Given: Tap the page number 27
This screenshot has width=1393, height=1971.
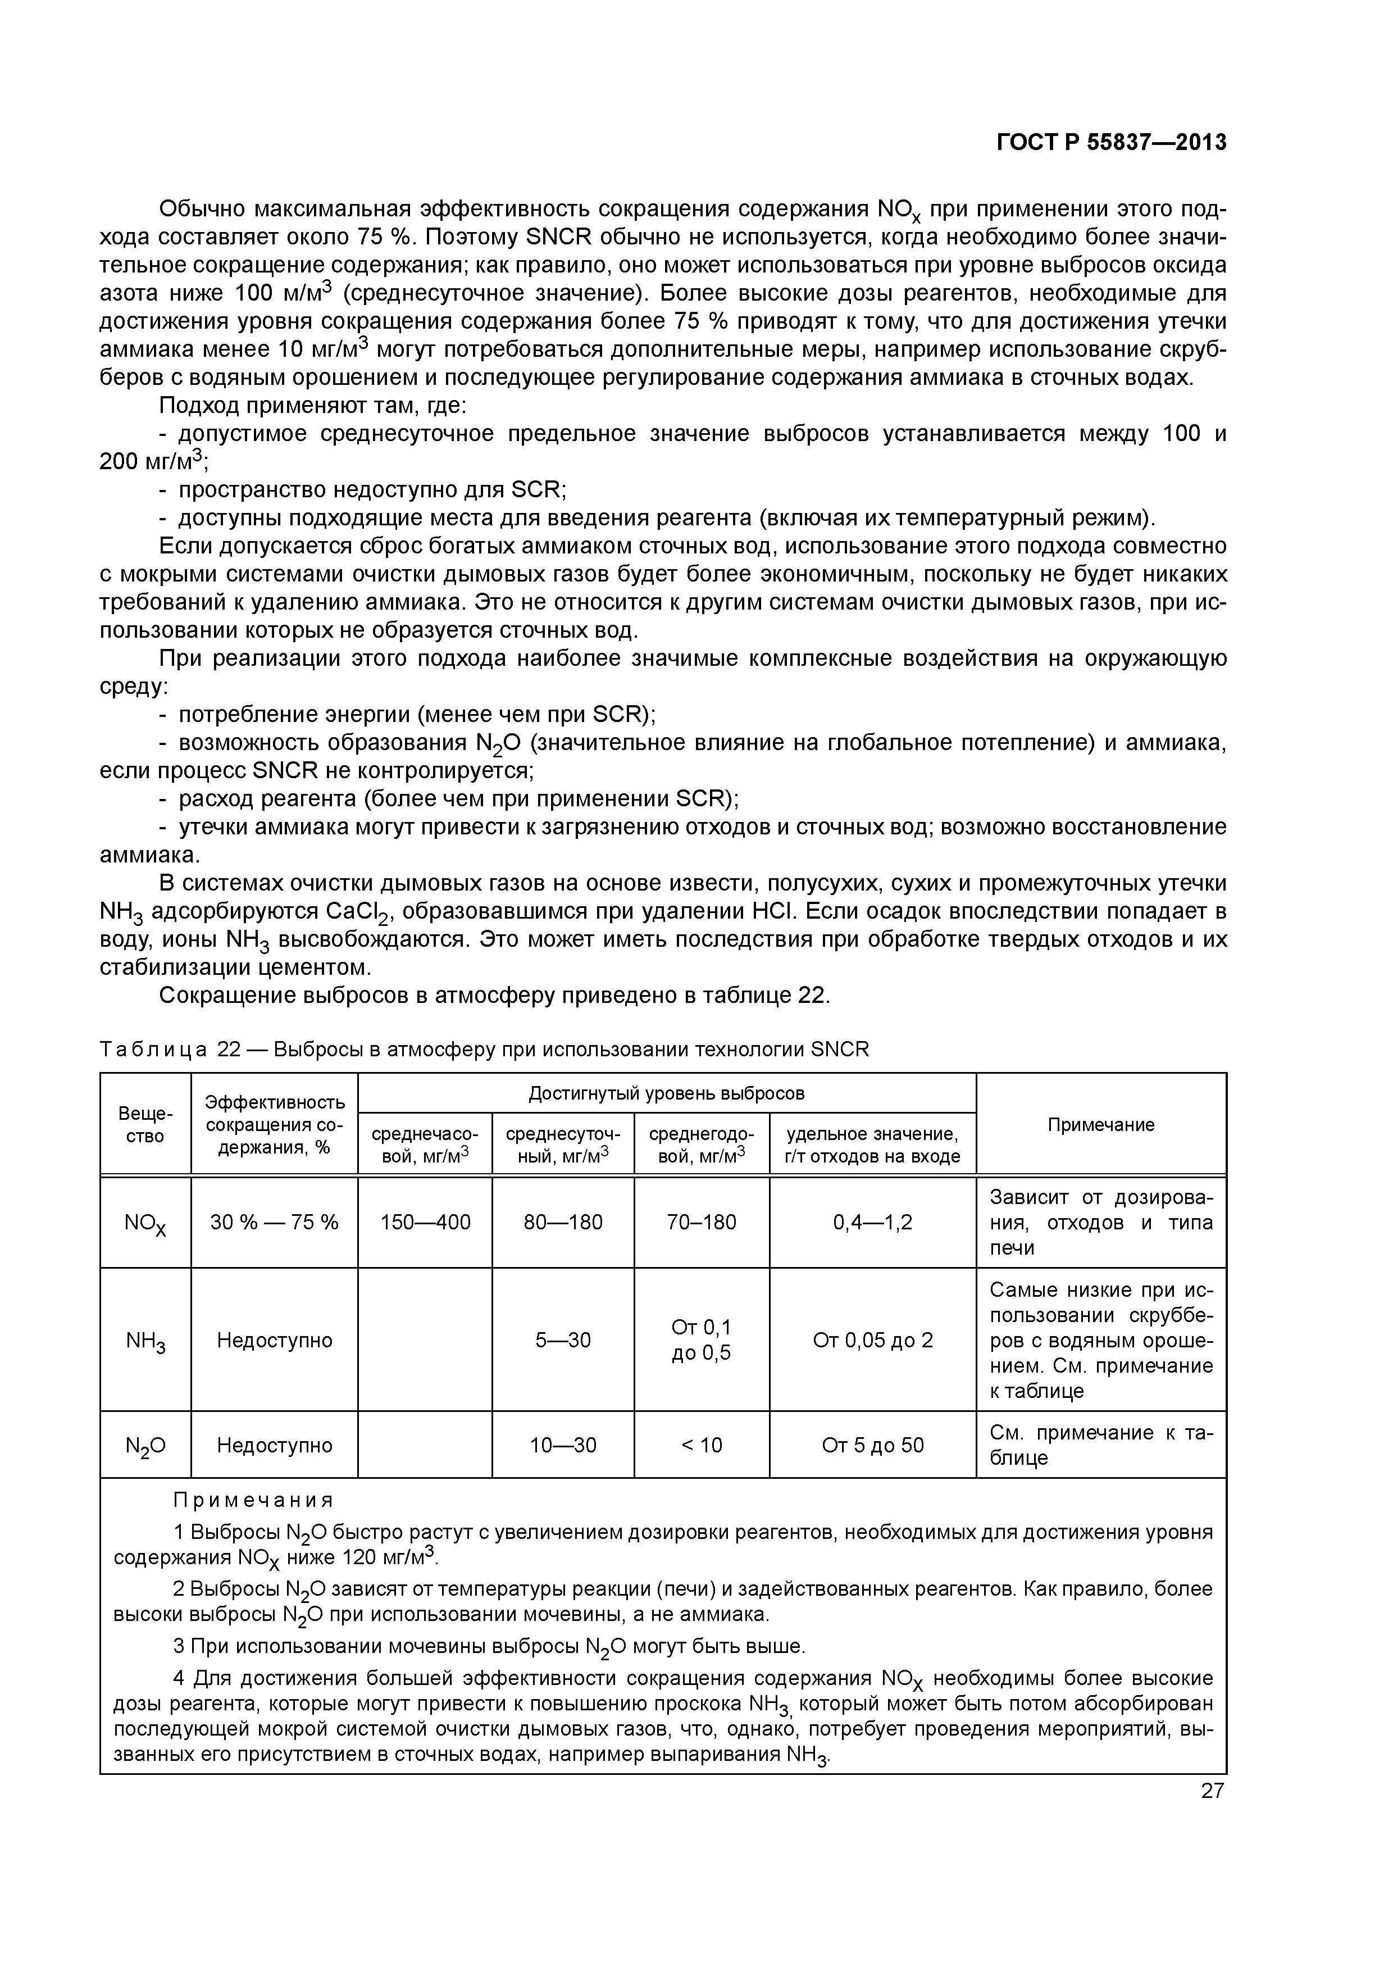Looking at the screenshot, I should click(x=1212, y=1791).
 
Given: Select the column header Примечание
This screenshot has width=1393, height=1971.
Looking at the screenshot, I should click(x=1100, y=1125).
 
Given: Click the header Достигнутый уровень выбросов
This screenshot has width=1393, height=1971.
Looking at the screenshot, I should click(x=666, y=1093).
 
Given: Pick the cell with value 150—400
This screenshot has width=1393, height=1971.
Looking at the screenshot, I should click(x=425, y=1221).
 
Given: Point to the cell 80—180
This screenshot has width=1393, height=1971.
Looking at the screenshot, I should click(x=563, y=1221).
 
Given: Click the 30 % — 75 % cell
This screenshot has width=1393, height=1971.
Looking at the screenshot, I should click(x=274, y=1221).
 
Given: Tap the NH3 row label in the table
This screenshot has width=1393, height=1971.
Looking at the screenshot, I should click(x=145, y=1341).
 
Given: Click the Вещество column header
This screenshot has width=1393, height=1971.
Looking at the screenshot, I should click(x=145, y=1125).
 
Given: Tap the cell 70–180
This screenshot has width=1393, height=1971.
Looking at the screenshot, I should click(x=701, y=1221).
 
